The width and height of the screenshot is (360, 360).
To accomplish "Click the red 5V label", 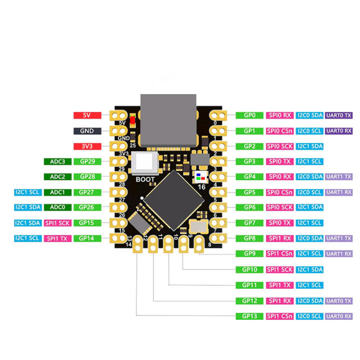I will click(x=87, y=115).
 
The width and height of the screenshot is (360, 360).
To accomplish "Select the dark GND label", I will click(x=87, y=131).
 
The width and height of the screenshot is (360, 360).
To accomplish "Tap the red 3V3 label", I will click(x=87, y=146).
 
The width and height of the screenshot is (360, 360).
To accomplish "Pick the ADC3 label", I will click(x=58, y=161).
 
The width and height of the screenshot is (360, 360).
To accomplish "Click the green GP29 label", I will click(x=87, y=161).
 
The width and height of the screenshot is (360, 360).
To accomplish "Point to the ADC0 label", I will click(x=58, y=207).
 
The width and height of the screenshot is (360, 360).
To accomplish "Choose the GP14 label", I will click(x=87, y=238).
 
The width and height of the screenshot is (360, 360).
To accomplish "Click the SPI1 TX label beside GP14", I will click(x=58, y=238).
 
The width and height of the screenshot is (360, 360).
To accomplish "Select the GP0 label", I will click(x=249, y=115).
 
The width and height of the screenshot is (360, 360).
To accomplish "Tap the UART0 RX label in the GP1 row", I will click(x=339, y=131).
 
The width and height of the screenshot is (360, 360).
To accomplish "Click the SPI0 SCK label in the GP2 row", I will click(x=279, y=146).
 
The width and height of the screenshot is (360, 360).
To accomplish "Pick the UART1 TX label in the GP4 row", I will click(x=339, y=177).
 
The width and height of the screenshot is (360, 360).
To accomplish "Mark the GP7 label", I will click(x=249, y=223).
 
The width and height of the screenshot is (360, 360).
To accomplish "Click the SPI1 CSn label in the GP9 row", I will click(x=279, y=254).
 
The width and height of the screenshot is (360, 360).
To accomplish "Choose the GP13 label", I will click(x=249, y=316).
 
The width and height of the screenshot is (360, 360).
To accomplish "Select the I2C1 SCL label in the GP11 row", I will click(x=309, y=285).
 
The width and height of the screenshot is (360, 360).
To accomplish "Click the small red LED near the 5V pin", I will click(x=132, y=120).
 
